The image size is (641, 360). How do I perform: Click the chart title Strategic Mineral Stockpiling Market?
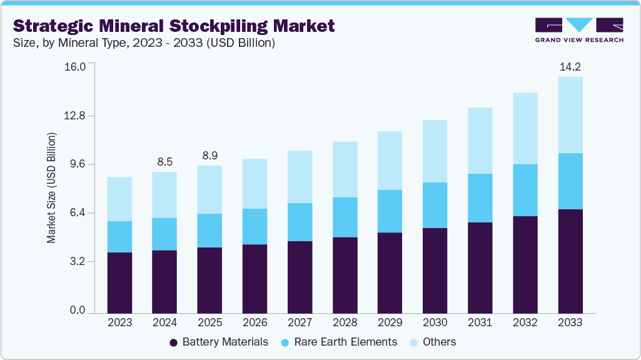click(x=174, y=26)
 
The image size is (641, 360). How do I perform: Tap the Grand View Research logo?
click(x=579, y=30)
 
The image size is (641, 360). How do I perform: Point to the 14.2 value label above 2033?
click(x=570, y=66)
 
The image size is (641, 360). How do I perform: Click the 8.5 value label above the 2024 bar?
click(x=164, y=161)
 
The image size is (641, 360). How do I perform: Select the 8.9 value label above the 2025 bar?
click(x=209, y=155)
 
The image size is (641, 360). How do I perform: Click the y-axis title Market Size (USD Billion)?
click(x=51, y=188)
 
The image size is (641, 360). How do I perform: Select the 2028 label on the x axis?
click(x=345, y=322)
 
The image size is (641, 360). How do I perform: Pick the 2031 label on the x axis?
click(x=480, y=322)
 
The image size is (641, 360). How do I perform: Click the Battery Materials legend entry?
click(x=219, y=342)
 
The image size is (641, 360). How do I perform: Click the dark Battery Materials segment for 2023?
click(x=119, y=282)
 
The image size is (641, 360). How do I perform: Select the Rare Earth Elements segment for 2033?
click(x=570, y=181)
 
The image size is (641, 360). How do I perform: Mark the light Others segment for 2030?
click(x=435, y=151)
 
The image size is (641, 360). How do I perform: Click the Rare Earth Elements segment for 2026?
click(x=255, y=226)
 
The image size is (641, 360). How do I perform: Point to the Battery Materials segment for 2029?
click(x=390, y=272)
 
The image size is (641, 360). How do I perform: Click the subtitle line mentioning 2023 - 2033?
click(x=144, y=43)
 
